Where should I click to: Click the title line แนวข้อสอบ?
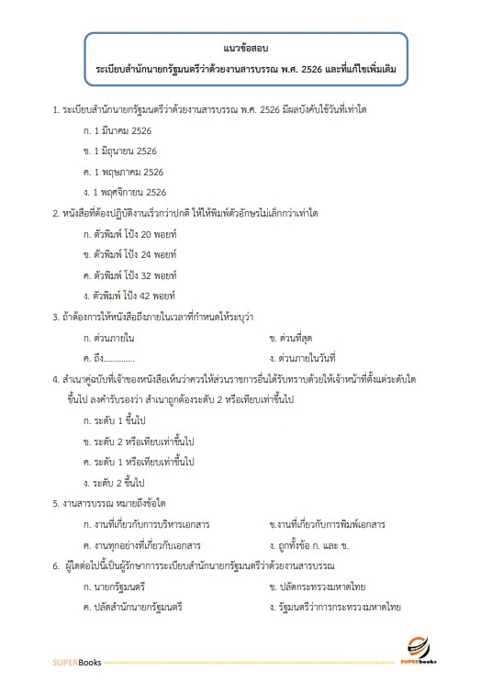(245, 47)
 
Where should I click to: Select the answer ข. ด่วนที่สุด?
(294, 338)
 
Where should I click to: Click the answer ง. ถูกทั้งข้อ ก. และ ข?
(316, 544)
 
